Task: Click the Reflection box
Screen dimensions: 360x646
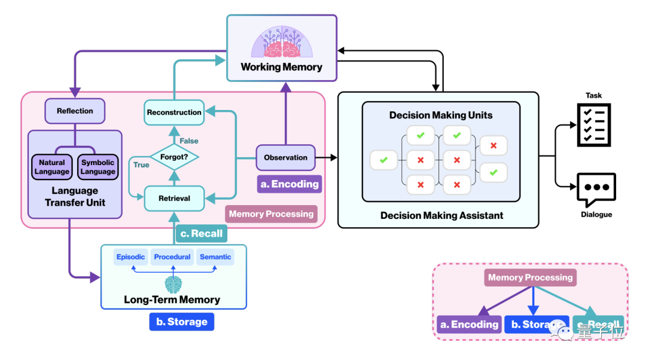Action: pyautogui.click(x=75, y=111)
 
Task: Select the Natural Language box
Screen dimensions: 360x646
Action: pyautogui.click(x=52, y=167)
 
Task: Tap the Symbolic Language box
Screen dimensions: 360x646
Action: pyautogui.click(x=97, y=167)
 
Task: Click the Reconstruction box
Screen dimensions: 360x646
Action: pyautogui.click(x=174, y=112)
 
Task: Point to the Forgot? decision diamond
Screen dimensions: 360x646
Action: pyautogui.click(x=174, y=158)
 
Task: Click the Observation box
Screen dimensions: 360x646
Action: pyautogui.click(x=285, y=158)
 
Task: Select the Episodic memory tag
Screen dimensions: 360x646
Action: pyautogui.click(x=130, y=257)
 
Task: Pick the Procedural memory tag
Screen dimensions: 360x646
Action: pyautogui.click(x=172, y=257)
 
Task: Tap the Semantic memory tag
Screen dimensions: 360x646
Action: pyautogui.click(x=215, y=257)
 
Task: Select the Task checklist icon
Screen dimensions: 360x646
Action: pyautogui.click(x=594, y=124)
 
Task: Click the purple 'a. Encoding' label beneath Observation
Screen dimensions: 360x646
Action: pyautogui.click(x=289, y=184)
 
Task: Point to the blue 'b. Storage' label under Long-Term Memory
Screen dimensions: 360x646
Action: pyautogui.click(x=181, y=322)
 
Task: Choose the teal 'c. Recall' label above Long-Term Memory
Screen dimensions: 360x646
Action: pyautogui.click(x=201, y=233)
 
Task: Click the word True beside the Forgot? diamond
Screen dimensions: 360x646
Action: pyautogui.click(x=141, y=164)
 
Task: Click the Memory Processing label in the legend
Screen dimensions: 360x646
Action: pyautogui.click(x=530, y=277)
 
